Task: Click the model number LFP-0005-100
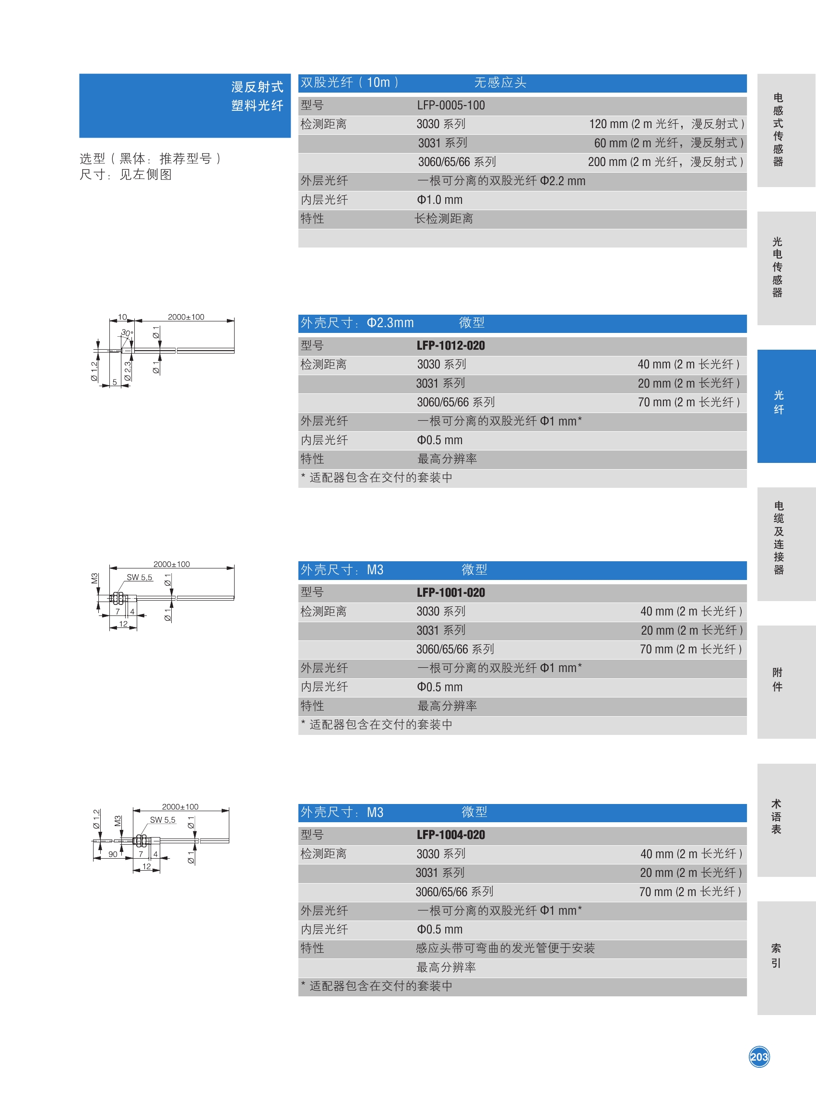coord(450,105)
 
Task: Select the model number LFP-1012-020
coord(450,346)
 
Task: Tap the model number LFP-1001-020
coord(450,593)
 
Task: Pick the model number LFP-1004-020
coord(450,835)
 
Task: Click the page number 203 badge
coord(759,1056)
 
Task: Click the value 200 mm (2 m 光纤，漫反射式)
coord(666,162)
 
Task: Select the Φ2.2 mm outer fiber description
coord(501,181)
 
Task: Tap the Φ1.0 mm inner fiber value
coord(439,200)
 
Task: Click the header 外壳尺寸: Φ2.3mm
coord(357,323)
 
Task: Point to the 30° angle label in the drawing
coord(128,333)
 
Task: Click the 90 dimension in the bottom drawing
coord(113,854)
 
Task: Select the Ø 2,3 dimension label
coord(128,371)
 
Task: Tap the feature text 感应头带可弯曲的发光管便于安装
coord(505,948)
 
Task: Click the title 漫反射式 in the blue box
coord(257,87)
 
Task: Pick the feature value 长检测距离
coord(444,219)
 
